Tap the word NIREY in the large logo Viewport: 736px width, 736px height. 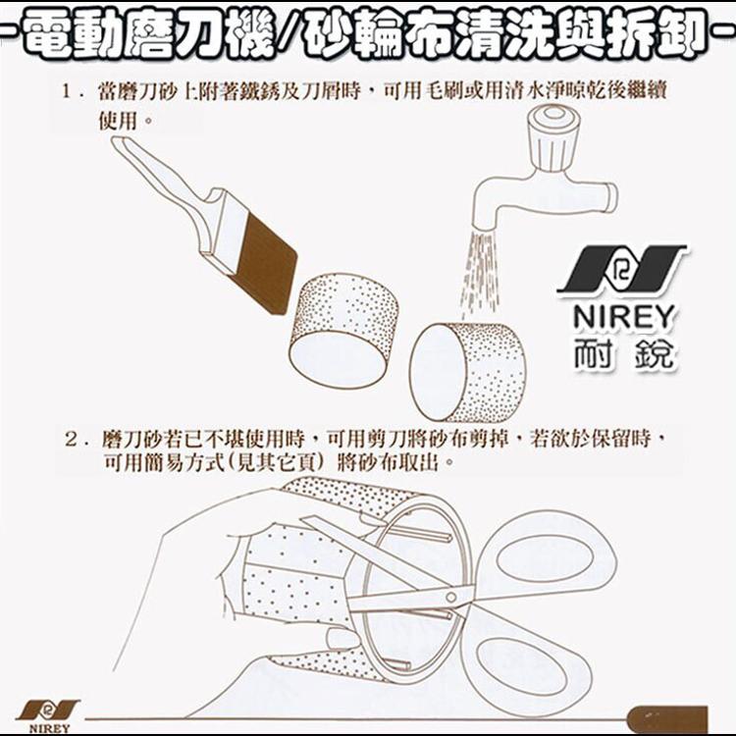click(x=624, y=316)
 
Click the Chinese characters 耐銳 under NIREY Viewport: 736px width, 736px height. click(x=624, y=354)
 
